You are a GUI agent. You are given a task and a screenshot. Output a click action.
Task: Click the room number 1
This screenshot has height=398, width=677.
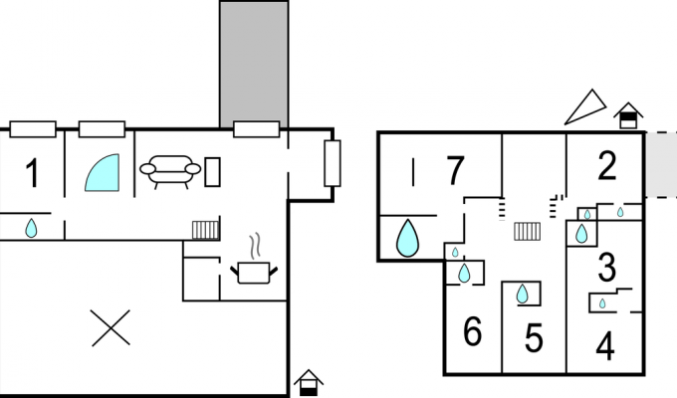point(33,173)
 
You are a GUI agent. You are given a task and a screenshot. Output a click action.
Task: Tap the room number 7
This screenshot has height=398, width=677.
point(455,171)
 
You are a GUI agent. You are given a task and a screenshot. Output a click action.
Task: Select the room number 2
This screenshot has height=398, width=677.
point(607,166)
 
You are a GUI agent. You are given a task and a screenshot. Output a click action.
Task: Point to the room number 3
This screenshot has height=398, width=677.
point(607,268)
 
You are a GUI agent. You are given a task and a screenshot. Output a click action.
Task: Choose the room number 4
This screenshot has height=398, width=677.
point(605,346)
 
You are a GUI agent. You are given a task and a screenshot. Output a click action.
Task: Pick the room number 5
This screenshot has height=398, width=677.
point(534,338)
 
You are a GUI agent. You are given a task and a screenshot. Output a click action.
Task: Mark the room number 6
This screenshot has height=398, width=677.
point(472,331)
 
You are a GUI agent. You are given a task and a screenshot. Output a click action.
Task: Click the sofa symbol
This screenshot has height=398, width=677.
point(170,171)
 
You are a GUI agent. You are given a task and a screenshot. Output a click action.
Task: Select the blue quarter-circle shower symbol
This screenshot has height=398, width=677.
point(103,173)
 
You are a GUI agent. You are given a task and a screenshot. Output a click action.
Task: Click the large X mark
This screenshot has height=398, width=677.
point(111,327)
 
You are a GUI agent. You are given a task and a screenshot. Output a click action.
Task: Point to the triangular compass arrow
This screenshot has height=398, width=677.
point(585,107)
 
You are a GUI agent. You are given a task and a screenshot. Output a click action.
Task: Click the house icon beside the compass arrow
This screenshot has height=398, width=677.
point(628,115)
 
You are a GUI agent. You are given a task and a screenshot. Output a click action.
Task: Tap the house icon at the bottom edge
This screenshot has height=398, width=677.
point(309,382)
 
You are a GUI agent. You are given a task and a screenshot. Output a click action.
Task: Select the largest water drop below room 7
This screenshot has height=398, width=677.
point(407,238)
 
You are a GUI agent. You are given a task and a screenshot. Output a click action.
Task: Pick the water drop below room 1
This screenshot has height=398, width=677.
point(31,229)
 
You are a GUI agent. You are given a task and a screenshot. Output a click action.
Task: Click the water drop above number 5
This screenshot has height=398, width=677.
point(523,294)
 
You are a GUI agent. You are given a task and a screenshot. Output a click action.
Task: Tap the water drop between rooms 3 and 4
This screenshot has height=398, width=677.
point(602,303)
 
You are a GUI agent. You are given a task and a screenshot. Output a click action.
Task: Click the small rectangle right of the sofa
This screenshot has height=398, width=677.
point(212,172)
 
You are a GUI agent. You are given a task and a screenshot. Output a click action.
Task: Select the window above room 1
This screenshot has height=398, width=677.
point(33,129)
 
